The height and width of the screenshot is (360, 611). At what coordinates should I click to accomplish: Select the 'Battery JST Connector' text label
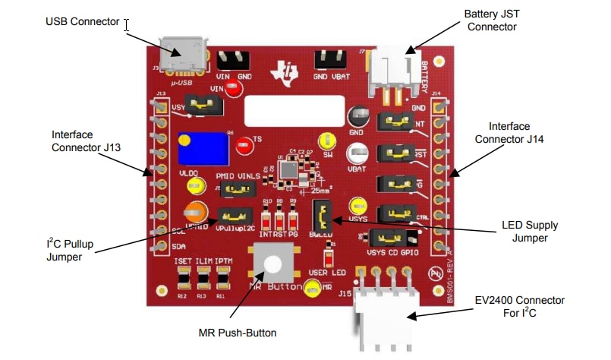491,20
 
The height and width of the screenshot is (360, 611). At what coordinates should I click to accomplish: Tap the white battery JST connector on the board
391,71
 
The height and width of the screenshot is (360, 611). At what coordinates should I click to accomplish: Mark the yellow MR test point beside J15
311,288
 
